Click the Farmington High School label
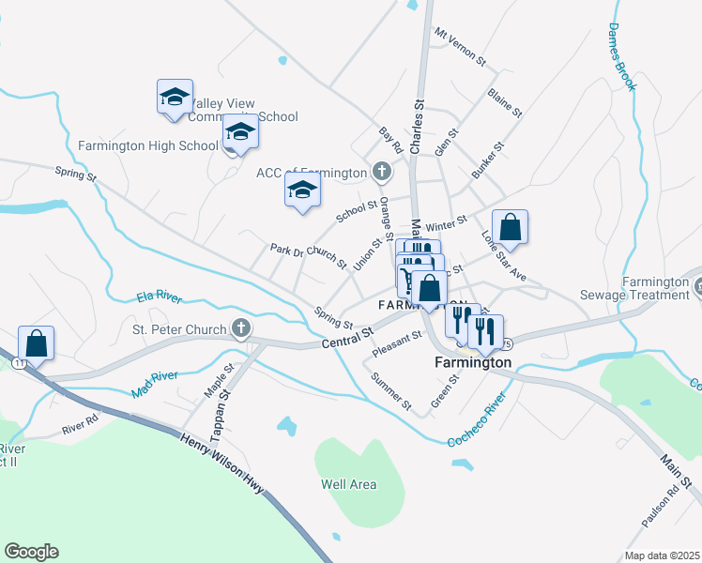(148, 145)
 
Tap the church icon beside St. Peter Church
(241, 328)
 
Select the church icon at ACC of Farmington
(381, 172)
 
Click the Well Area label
(348, 484)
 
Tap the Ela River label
(159, 297)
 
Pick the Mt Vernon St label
(459, 47)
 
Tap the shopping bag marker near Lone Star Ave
(510, 227)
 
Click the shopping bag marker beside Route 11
(36, 343)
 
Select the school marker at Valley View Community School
(175, 98)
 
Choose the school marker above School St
(301, 190)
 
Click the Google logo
(31, 552)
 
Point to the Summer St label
(391, 392)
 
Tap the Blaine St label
(504, 103)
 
